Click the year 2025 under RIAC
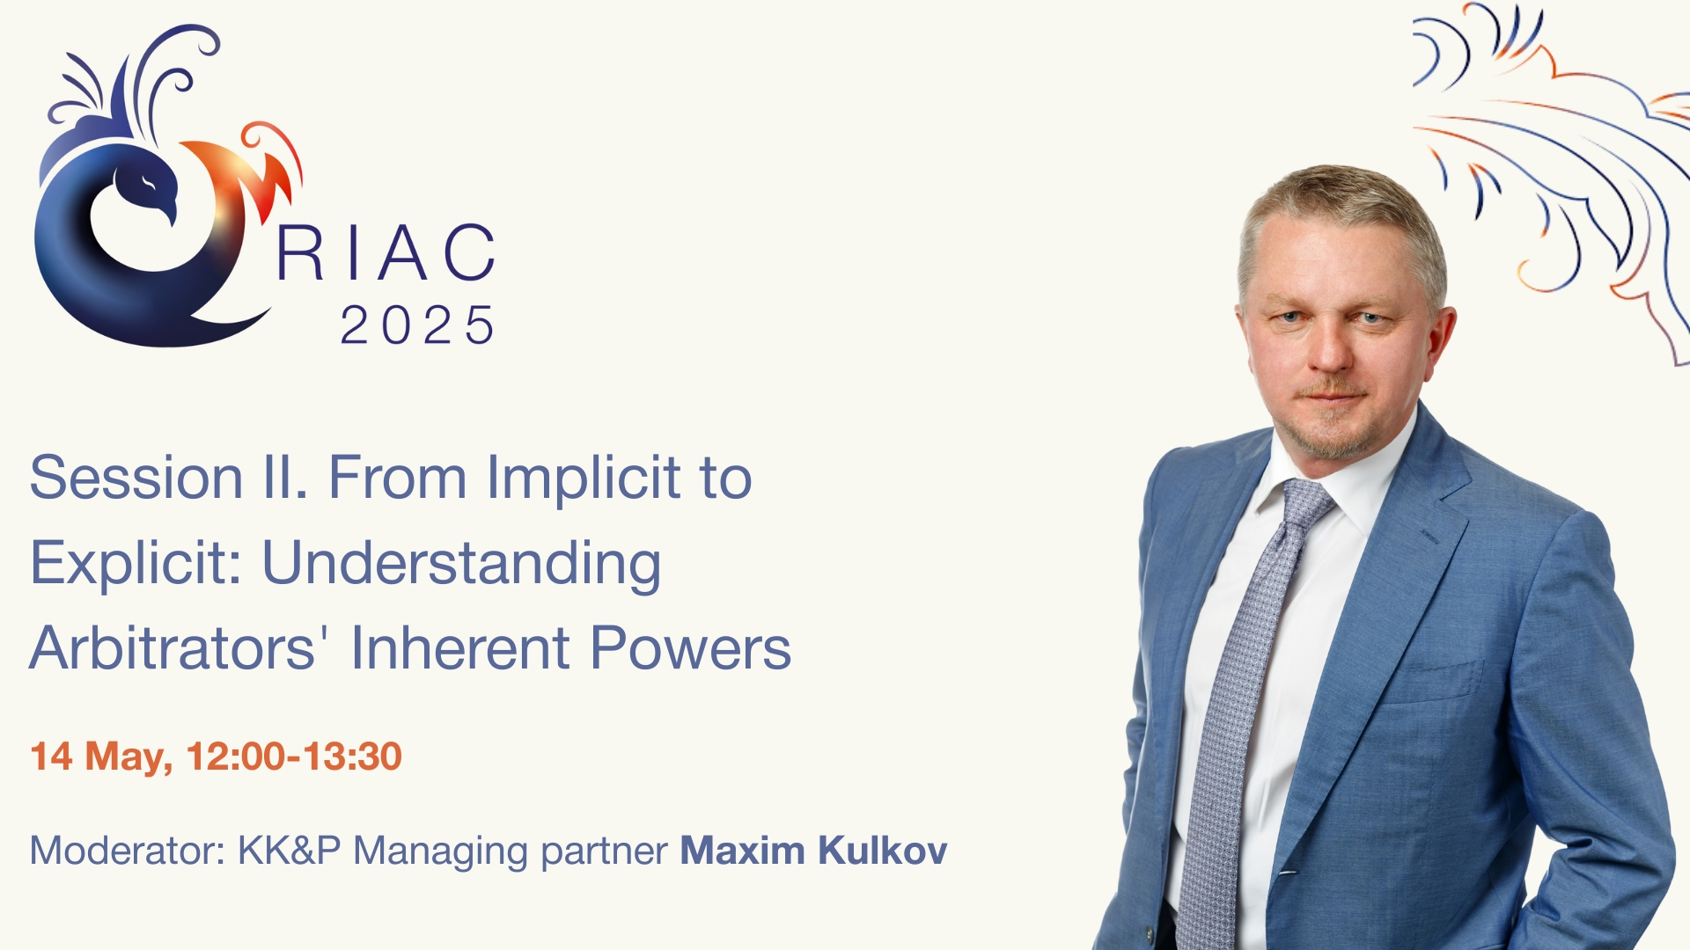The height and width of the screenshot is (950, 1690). pos(417,325)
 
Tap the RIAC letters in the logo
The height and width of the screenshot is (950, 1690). pos(386,252)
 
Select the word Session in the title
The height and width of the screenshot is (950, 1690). pos(136,479)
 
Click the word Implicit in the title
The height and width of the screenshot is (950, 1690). pos(583,480)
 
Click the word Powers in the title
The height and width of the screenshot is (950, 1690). pos(691,648)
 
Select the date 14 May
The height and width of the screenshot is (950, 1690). pos(102,757)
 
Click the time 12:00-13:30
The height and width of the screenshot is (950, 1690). pos(294,756)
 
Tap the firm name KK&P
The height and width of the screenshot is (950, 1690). pos(289,851)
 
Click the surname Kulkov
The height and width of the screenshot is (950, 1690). pos(882,851)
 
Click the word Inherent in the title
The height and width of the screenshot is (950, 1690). pos(461,648)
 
